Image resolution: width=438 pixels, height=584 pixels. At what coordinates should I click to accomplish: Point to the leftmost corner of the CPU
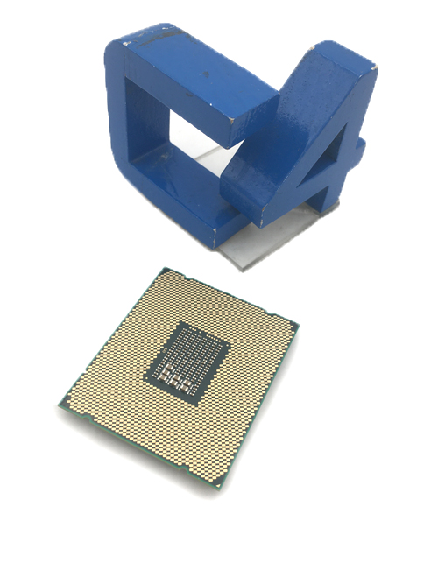coord(60,405)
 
